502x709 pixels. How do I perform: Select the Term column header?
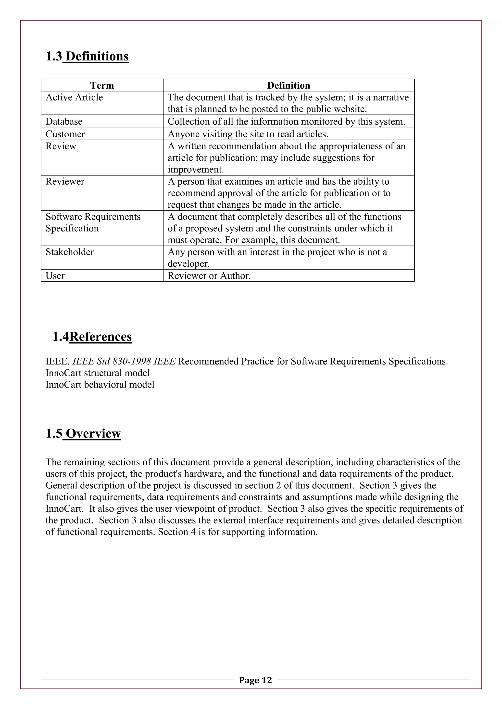102,85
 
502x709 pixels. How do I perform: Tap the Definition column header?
289,85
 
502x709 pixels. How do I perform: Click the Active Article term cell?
74,97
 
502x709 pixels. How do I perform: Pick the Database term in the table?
64,121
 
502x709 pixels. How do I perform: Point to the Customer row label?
65,134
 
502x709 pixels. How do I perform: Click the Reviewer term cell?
65,181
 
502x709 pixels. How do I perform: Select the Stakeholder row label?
70,252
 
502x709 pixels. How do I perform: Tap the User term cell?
55,275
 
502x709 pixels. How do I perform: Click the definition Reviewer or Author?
209,275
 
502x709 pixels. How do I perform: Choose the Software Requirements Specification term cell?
93,222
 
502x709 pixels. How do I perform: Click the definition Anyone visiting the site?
248,134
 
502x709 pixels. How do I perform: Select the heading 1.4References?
92,337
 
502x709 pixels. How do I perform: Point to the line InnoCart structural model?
98,373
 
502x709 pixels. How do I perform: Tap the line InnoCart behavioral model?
100,385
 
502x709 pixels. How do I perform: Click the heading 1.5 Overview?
83,434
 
